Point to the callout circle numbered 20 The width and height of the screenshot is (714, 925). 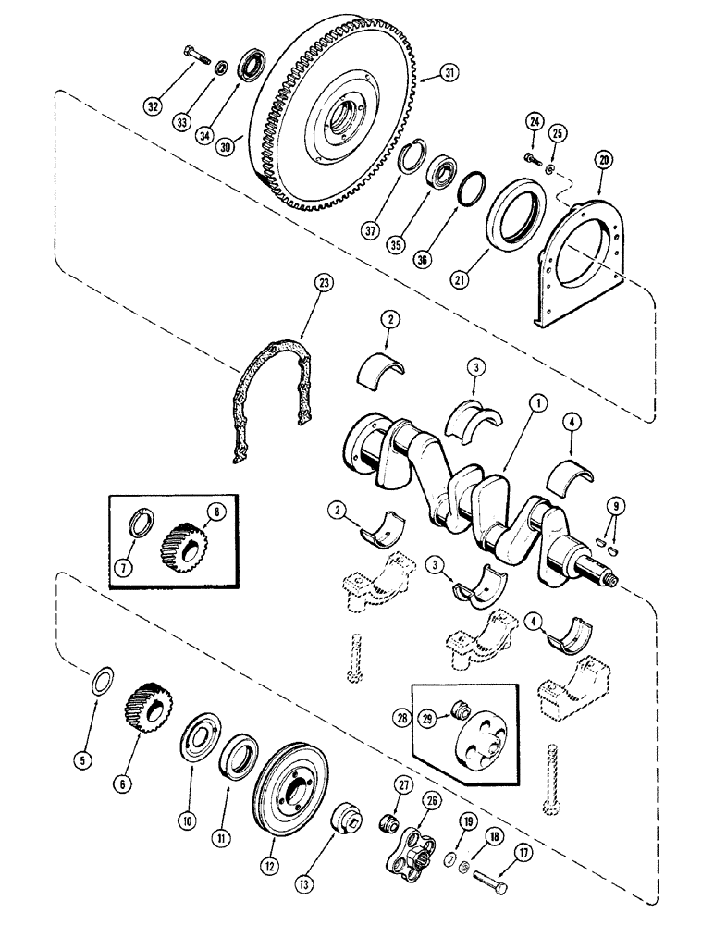pos(604,159)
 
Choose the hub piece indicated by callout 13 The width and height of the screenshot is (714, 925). pos(352,818)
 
